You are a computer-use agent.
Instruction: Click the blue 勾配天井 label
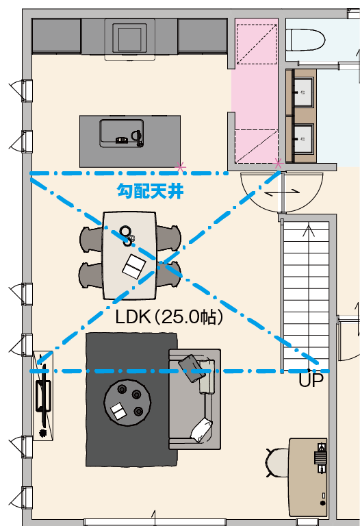point(150,191)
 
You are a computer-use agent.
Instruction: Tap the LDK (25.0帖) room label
point(169,316)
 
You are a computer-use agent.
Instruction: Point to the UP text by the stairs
point(311,380)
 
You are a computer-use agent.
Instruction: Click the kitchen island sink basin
point(121,133)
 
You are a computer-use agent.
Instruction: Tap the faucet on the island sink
point(138,138)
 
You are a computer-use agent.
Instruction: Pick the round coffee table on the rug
point(127,402)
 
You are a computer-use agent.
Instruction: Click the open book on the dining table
point(134,266)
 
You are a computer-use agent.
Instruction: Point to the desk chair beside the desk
point(278,462)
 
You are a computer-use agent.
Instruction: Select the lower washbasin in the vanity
point(304,138)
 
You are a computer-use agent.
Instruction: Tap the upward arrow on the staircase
point(309,231)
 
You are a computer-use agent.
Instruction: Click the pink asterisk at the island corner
point(181,166)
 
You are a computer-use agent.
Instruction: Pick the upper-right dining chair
point(168,238)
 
